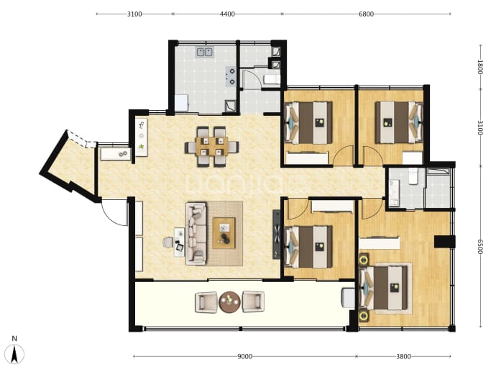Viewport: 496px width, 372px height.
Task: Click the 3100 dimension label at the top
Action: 134,14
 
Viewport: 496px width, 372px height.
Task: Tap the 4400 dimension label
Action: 227,14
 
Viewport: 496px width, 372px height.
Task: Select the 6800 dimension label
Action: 366,14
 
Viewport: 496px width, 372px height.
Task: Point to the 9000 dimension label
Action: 245,356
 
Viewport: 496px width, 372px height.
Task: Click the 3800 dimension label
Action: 404,356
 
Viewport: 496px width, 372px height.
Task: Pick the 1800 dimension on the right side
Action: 480,67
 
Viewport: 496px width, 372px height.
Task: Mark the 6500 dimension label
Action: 480,246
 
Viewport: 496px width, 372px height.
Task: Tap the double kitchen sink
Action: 205,52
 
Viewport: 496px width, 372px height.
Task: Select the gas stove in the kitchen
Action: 231,76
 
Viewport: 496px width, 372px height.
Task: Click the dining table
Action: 211,146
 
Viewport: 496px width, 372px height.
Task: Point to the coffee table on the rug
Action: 224,233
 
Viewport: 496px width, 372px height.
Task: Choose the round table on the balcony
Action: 229,302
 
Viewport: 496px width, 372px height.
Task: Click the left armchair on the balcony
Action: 206,302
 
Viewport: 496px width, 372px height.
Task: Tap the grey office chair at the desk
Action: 168,242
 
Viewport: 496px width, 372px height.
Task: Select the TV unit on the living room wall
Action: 277,235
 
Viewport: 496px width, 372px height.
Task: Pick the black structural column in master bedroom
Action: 444,242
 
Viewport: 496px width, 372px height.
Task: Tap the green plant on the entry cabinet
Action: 142,147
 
